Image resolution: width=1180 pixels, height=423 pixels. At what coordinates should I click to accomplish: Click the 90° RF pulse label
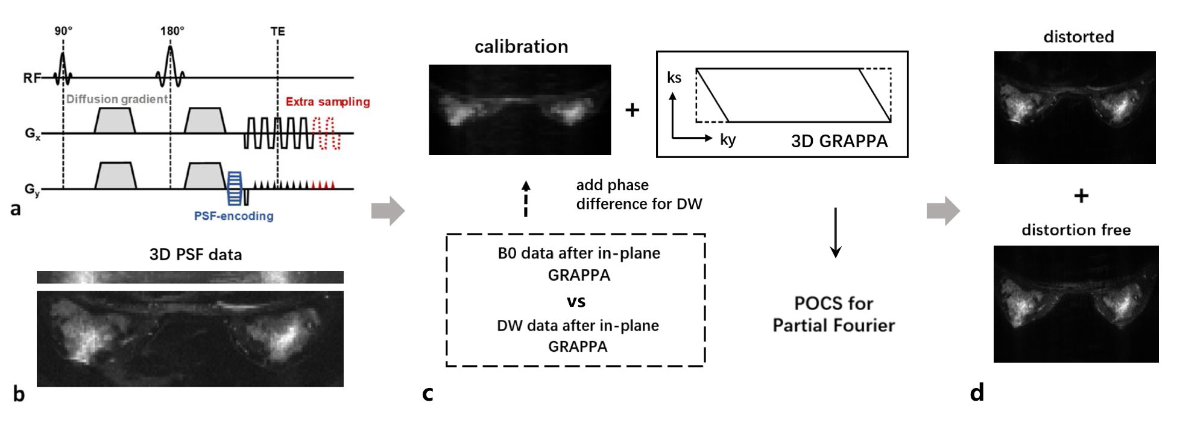click(63, 31)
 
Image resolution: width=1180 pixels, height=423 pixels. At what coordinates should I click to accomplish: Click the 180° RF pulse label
click(172, 31)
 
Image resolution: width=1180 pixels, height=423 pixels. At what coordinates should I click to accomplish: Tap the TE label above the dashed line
click(277, 31)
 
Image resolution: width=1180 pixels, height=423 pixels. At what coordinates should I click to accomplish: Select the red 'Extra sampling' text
click(327, 101)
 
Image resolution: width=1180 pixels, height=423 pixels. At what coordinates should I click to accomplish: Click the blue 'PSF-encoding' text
click(233, 216)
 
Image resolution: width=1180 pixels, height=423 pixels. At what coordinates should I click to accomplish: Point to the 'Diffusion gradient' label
click(117, 99)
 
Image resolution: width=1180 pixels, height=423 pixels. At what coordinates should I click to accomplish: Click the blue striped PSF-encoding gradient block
click(234, 188)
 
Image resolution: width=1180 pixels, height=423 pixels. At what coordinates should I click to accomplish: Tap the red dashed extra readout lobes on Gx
click(329, 133)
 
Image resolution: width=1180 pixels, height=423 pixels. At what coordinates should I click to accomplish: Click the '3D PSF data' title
click(195, 255)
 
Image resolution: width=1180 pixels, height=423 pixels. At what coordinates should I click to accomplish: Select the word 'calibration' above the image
click(521, 46)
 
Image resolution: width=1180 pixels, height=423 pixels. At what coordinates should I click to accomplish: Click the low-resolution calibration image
click(520, 110)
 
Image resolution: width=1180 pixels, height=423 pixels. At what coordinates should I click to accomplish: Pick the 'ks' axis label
click(674, 78)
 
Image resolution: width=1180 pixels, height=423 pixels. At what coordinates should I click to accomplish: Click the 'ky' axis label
click(728, 140)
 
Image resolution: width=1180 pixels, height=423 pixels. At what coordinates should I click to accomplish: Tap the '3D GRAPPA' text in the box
click(839, 141)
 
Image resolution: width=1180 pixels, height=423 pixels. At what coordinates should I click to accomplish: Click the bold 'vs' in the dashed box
click(576, 301)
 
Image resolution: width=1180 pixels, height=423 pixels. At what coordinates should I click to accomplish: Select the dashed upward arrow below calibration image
click(526, 199)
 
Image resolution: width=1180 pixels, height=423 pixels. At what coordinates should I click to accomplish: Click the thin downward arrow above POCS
click(836, 232)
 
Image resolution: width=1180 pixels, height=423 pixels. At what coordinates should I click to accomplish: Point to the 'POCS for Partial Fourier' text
click(834, 314)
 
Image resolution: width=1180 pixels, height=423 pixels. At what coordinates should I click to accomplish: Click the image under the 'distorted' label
click(1074, 107)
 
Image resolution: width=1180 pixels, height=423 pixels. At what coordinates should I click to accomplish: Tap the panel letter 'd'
click(977, 392)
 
